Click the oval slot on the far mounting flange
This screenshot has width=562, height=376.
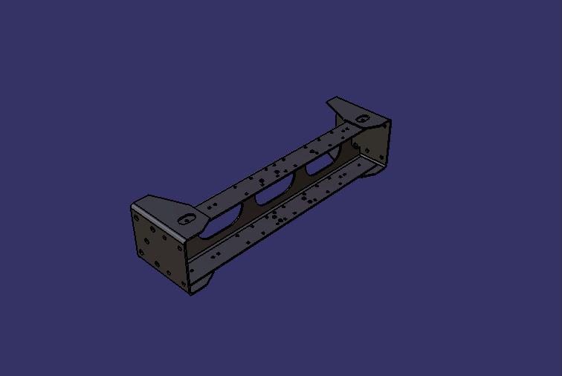(361, 119)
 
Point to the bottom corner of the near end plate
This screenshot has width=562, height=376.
(190, 294)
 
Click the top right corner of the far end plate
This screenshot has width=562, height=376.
(390, 120)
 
